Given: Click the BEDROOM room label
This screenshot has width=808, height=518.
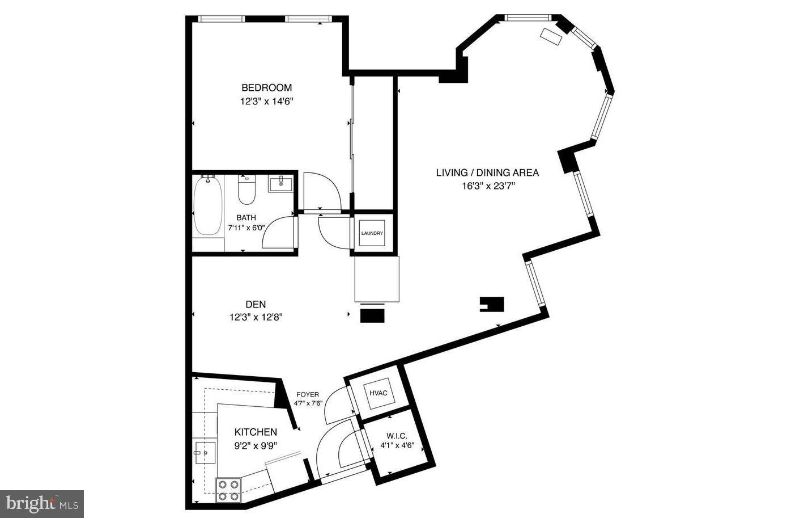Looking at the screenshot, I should point(266,87).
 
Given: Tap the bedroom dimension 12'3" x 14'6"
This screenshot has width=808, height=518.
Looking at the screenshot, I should point(266,102).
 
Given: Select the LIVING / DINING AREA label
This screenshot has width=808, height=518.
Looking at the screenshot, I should point(487,172).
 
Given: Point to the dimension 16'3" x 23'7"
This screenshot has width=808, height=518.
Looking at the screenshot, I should point(487,186).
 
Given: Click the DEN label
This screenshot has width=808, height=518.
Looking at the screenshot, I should point(256,305).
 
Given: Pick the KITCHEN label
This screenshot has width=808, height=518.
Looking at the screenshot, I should point(256,432).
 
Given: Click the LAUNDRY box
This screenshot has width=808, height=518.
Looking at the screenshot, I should point(372,233).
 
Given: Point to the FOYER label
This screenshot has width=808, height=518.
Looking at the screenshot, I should point(308,395).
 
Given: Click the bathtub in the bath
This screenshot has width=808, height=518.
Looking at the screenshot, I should point(207,205).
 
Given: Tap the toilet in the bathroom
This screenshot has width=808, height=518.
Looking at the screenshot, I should point(246,191).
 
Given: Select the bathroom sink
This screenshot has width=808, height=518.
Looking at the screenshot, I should point(280,184).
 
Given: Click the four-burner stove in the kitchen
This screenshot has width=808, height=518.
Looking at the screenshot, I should point(228,490).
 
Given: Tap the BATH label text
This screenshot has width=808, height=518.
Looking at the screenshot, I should point(246,217).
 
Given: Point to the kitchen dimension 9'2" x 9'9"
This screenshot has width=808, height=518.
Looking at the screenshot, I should point(256,446).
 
